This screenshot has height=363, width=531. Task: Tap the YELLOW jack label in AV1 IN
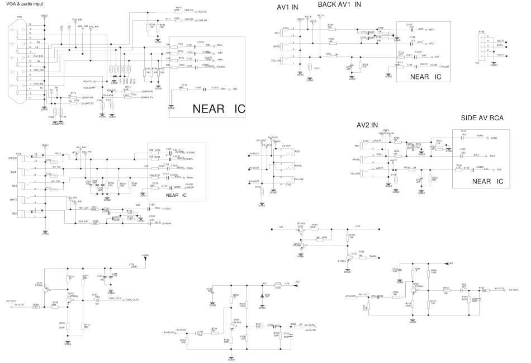tap(276, 60)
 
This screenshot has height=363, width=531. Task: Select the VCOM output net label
tap(430, 67)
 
